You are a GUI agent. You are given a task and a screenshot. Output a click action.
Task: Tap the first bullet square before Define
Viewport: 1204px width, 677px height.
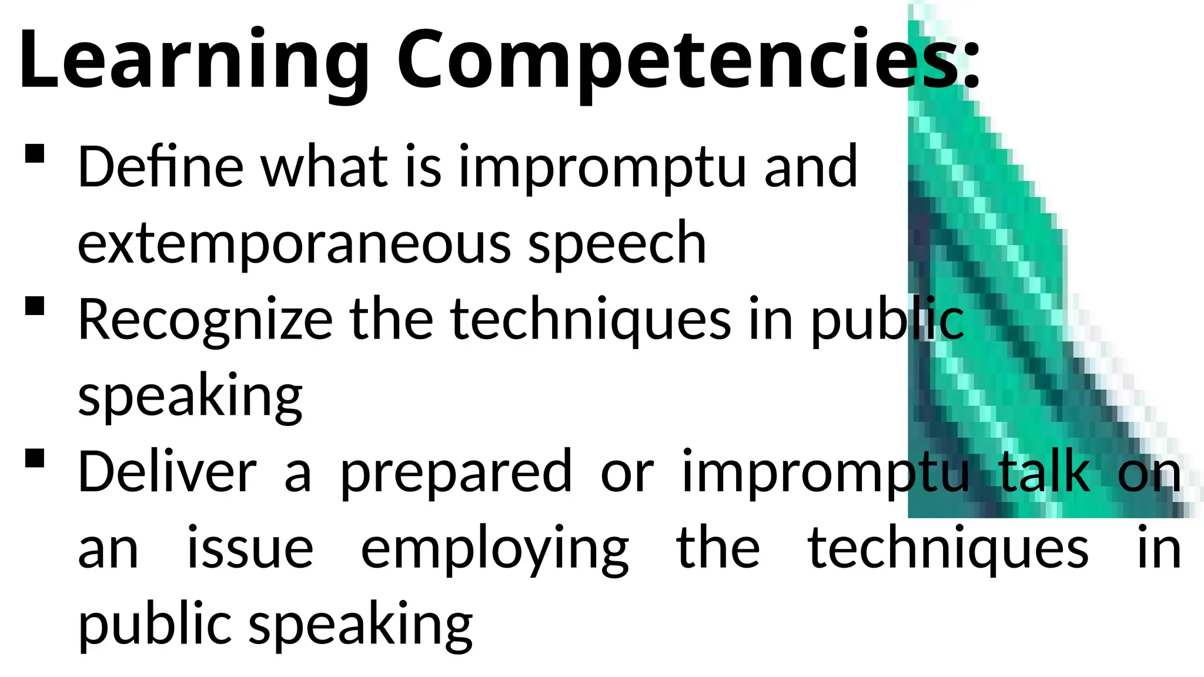point(35,154)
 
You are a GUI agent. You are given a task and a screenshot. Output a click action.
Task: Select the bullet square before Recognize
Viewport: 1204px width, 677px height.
point(35,306)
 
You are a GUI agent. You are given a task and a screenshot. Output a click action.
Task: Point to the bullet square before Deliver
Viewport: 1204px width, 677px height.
point(35,458)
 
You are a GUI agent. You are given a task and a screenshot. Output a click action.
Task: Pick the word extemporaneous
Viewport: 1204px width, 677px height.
point(294,243)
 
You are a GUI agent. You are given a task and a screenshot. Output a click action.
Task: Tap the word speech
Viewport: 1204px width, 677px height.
point(617,243)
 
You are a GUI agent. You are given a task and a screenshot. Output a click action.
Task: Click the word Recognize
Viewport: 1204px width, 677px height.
point(206,320)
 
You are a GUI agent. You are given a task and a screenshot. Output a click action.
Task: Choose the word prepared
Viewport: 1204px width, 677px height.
point(456,473)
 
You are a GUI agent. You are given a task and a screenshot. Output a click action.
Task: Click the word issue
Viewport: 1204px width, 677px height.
point(250,549)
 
